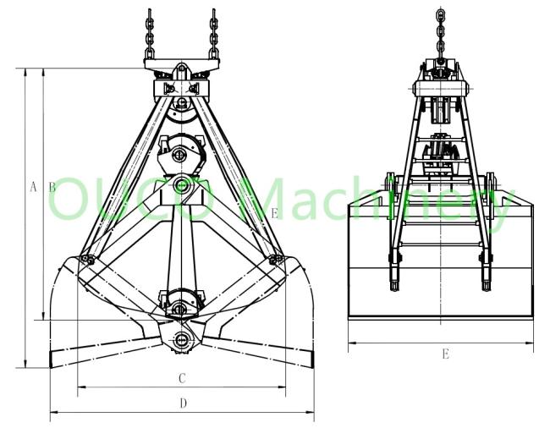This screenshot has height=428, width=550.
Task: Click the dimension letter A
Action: point(33,187)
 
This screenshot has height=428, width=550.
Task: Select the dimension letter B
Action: point(52,187)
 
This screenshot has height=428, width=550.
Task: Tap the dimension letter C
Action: point(182,379)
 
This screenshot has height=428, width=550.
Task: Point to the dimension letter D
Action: point(183,403)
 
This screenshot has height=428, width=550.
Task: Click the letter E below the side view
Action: point(445,354)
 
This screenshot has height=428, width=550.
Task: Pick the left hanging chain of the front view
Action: point(150,34)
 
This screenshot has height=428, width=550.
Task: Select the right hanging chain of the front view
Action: point(213,34)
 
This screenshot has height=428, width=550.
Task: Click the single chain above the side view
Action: point(441,33)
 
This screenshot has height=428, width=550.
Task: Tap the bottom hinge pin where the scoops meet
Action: point(181,339)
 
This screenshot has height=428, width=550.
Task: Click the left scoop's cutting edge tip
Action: point(52,359)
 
